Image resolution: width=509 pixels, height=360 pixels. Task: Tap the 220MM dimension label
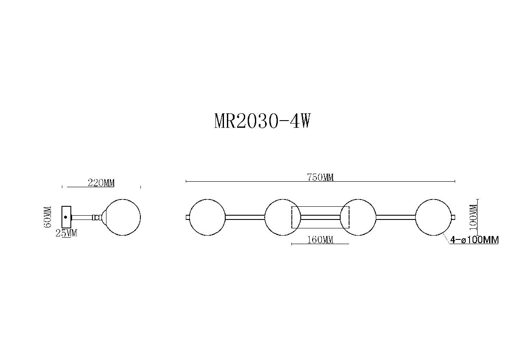click(101, 183)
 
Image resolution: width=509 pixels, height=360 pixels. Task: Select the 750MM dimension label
click(320, 177)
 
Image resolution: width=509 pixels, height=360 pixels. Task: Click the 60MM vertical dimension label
click(48, 217)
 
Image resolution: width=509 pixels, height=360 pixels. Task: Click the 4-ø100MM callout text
click(474, 240)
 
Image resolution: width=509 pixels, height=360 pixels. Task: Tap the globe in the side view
click(123, 217)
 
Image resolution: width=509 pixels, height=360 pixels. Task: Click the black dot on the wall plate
click(65, 217)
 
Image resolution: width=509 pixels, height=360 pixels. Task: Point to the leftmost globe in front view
click(207, 217)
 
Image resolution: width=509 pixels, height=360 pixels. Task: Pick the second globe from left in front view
click(282, 217)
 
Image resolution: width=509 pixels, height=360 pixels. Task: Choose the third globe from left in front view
click(358, 217)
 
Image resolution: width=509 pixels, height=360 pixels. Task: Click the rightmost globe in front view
click(433, 217)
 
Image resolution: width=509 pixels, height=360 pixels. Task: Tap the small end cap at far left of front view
click(188, 217)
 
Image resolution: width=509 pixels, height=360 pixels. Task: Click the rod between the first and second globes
click(245, 217)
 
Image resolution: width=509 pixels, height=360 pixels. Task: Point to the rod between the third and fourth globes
click(396, 217)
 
